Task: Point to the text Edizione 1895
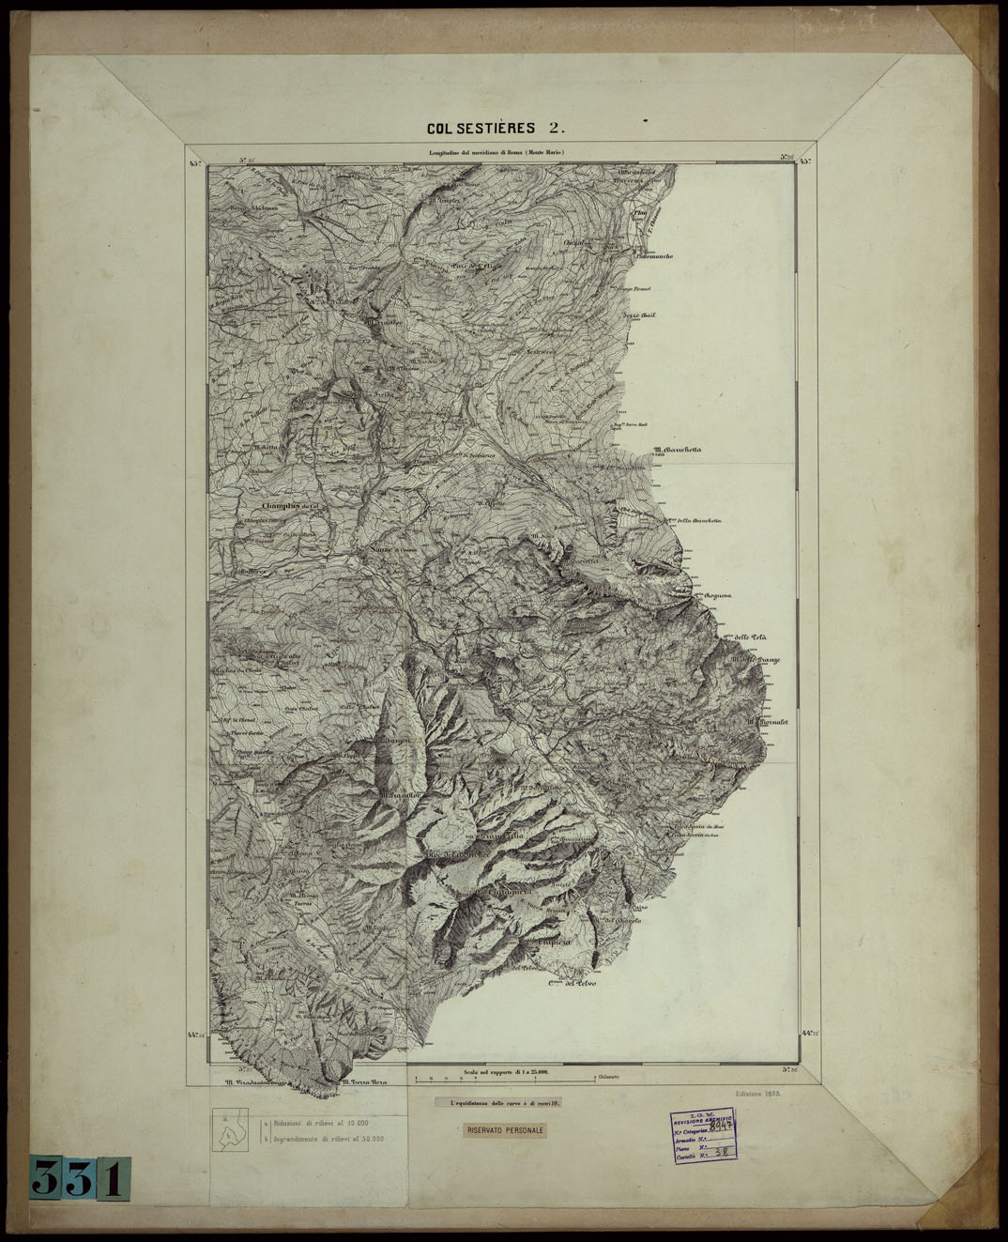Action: pyautogui.click(x=759, y=1095)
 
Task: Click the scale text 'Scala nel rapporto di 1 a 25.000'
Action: pyautogui.click(x=504, y=1070)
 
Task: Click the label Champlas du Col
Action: pyautogui.click(x=281, y=507)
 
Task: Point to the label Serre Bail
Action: pyautogui.click(x=641, y=315)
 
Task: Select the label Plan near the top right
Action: pyautogui.click(x=642, y=214)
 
